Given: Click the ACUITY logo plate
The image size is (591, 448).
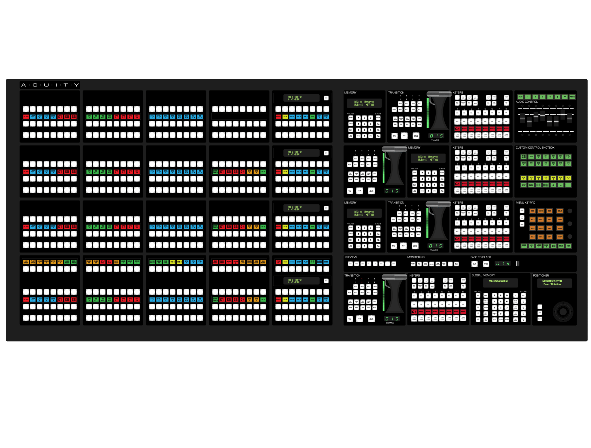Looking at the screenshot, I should click(x=50, y=85).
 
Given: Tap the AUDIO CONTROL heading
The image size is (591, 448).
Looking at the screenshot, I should click(x=526, y=102).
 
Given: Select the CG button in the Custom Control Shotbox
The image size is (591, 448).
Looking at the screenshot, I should click(x=523, y=157).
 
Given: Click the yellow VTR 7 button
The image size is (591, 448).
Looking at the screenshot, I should click(x=568, y=178).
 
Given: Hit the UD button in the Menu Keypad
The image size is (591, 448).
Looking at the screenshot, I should click(x=553, y=246).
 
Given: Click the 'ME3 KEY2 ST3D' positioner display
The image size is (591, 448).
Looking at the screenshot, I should click(x=552, y=283).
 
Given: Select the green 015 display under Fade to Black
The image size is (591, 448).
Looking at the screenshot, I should click(x=502, y=263).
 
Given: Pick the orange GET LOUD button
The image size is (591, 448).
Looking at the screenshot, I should click(x=242, y=262).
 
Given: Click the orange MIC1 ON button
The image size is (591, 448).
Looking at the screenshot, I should click(x=89, y=262).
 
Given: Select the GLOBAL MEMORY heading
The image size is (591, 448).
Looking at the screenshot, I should click(x=483, y=275).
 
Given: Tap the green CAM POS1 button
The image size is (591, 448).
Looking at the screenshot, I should click(x=67, y=262).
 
